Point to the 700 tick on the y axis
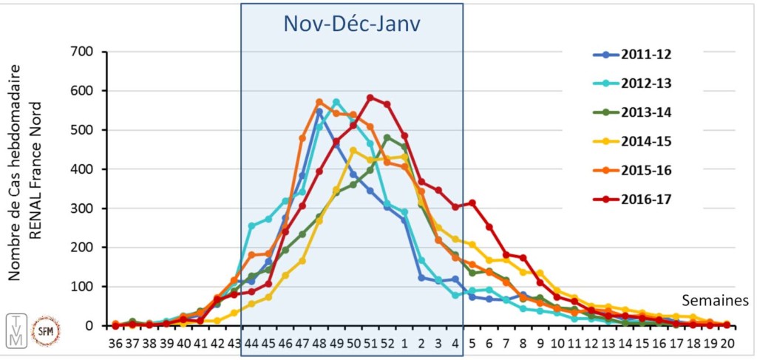(80, 52)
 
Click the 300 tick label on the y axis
(80, 208)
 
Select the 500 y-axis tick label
(80, 130)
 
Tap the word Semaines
(715, 301)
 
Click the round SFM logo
(46, 330)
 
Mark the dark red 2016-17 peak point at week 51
(370, 98)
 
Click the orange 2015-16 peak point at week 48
(319, 102)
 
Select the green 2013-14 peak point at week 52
(387, 137)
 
